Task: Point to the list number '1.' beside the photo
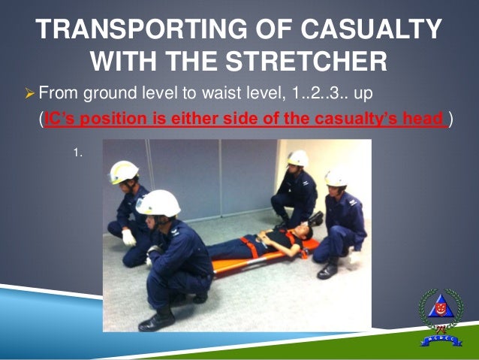point(77,153)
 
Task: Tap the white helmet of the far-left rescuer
point(124,171)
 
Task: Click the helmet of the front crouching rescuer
point(158,202)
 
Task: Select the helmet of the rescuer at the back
point(297,159)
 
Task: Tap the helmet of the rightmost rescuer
point(336,178)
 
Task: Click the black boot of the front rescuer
point(157,320)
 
